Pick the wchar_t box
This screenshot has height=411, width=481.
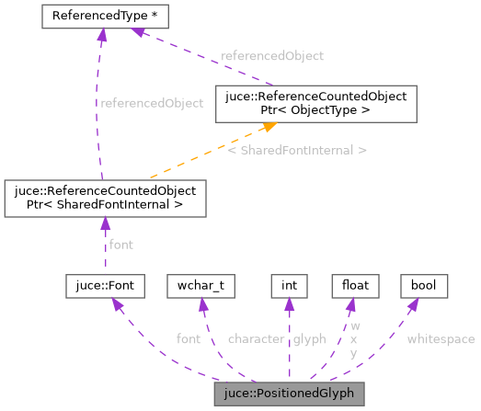(200, 285)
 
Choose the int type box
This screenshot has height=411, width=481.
(289, 285)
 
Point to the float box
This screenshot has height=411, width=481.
(355, 285)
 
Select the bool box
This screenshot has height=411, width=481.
(423, 285)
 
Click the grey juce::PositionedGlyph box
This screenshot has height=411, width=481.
(289, 395)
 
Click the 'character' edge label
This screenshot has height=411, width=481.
(255, 339)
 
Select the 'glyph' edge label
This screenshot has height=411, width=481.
(310, 339)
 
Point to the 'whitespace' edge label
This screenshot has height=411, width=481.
(441, 339)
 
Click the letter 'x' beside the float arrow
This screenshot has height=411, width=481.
(355, 339)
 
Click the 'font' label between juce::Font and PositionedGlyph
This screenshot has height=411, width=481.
(189, 339)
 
